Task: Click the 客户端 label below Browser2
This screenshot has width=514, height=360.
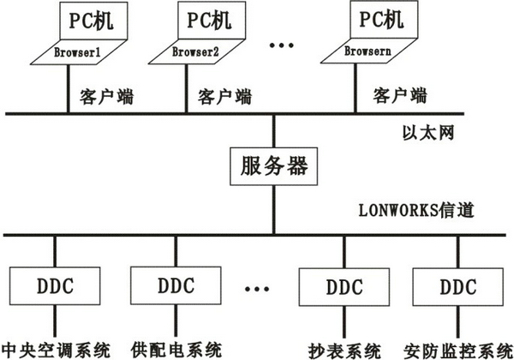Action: click(224, 93)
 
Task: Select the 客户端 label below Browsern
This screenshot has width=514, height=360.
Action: click(400, 93)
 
